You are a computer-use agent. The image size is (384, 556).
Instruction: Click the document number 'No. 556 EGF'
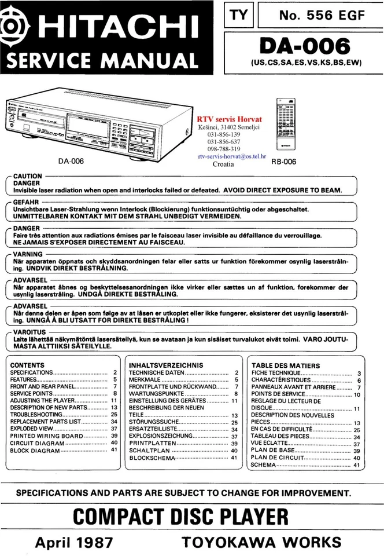(322, 16)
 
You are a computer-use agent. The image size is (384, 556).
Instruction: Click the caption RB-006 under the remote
(283, 162)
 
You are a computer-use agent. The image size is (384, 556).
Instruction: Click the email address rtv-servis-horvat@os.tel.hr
(231, 156)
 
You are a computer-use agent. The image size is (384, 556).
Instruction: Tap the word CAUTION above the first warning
(27, 176)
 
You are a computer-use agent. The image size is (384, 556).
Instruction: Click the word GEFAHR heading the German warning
(25, 202)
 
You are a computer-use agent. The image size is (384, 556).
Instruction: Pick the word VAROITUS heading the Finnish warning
(28, 332)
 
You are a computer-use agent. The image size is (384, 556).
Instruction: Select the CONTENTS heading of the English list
(27, 365)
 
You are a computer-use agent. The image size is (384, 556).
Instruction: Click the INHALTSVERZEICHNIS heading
(166, 365)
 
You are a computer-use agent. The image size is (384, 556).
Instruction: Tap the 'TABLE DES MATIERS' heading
(285, 365)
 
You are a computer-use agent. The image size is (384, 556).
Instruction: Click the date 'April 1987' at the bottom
(73, 542)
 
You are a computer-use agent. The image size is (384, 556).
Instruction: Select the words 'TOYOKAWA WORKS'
(261, 542)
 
